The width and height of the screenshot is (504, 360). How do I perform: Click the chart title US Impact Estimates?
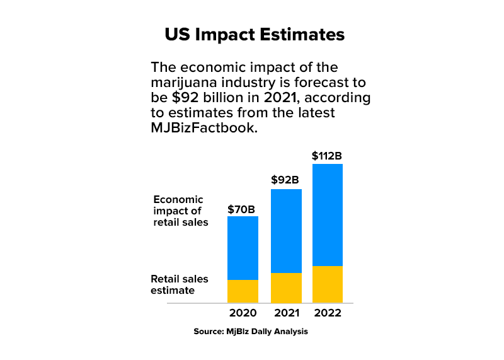[255, 35]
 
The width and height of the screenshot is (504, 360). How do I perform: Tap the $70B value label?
[243, 209]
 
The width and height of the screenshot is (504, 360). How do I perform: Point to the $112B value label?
[327, 155]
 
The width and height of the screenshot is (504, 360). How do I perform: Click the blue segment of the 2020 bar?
[243, 248]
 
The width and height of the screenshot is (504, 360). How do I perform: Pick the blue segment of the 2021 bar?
[286, 231]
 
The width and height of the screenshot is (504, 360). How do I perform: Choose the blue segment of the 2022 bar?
[328, 214]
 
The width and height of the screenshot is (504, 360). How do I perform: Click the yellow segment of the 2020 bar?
[243, 291]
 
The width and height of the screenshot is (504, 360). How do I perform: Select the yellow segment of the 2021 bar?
[286, 288]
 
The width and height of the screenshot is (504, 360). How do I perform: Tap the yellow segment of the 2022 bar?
[328, 284]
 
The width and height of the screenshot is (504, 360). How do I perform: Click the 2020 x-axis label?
[243, 313]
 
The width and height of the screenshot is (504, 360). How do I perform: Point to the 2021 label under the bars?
[286, 313]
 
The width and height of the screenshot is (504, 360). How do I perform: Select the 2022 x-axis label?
[328, 313]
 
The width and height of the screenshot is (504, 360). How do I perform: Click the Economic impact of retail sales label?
[180, 211]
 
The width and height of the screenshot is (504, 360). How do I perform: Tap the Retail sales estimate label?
[179, 284]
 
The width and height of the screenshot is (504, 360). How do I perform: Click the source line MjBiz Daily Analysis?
[251, 331]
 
